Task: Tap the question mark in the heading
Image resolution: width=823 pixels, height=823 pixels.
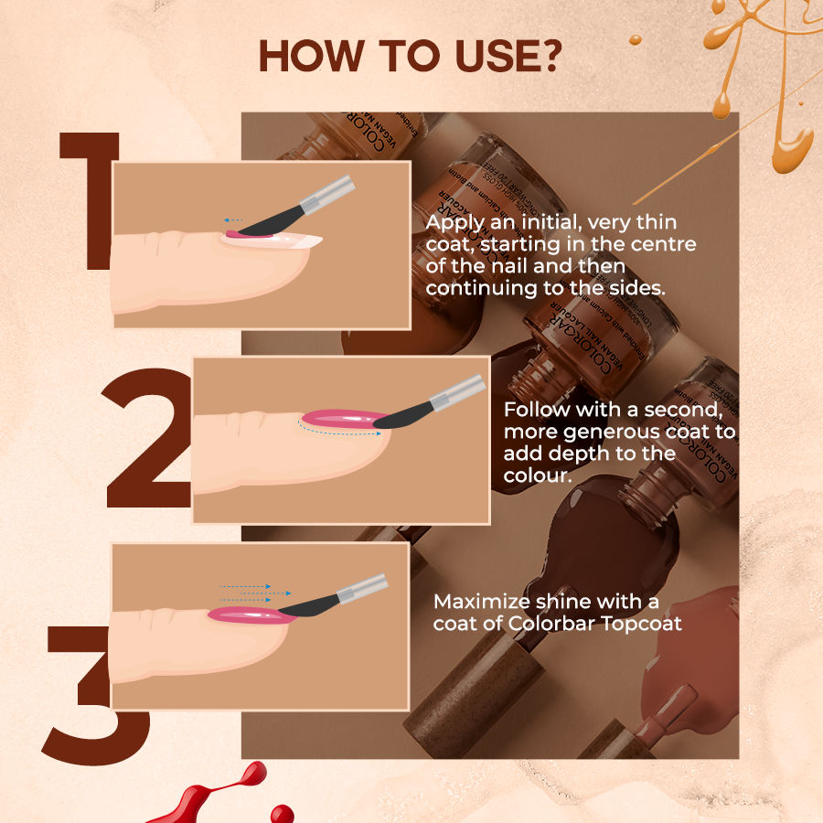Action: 545,57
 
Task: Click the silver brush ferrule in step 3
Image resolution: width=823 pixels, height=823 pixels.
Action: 361,589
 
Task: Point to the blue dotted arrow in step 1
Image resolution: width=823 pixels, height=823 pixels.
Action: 233,220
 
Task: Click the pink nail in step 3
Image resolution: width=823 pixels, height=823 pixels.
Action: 247,615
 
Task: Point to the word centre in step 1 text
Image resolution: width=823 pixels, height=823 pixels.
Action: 667,245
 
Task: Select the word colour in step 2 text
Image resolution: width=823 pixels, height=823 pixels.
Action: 537,476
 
